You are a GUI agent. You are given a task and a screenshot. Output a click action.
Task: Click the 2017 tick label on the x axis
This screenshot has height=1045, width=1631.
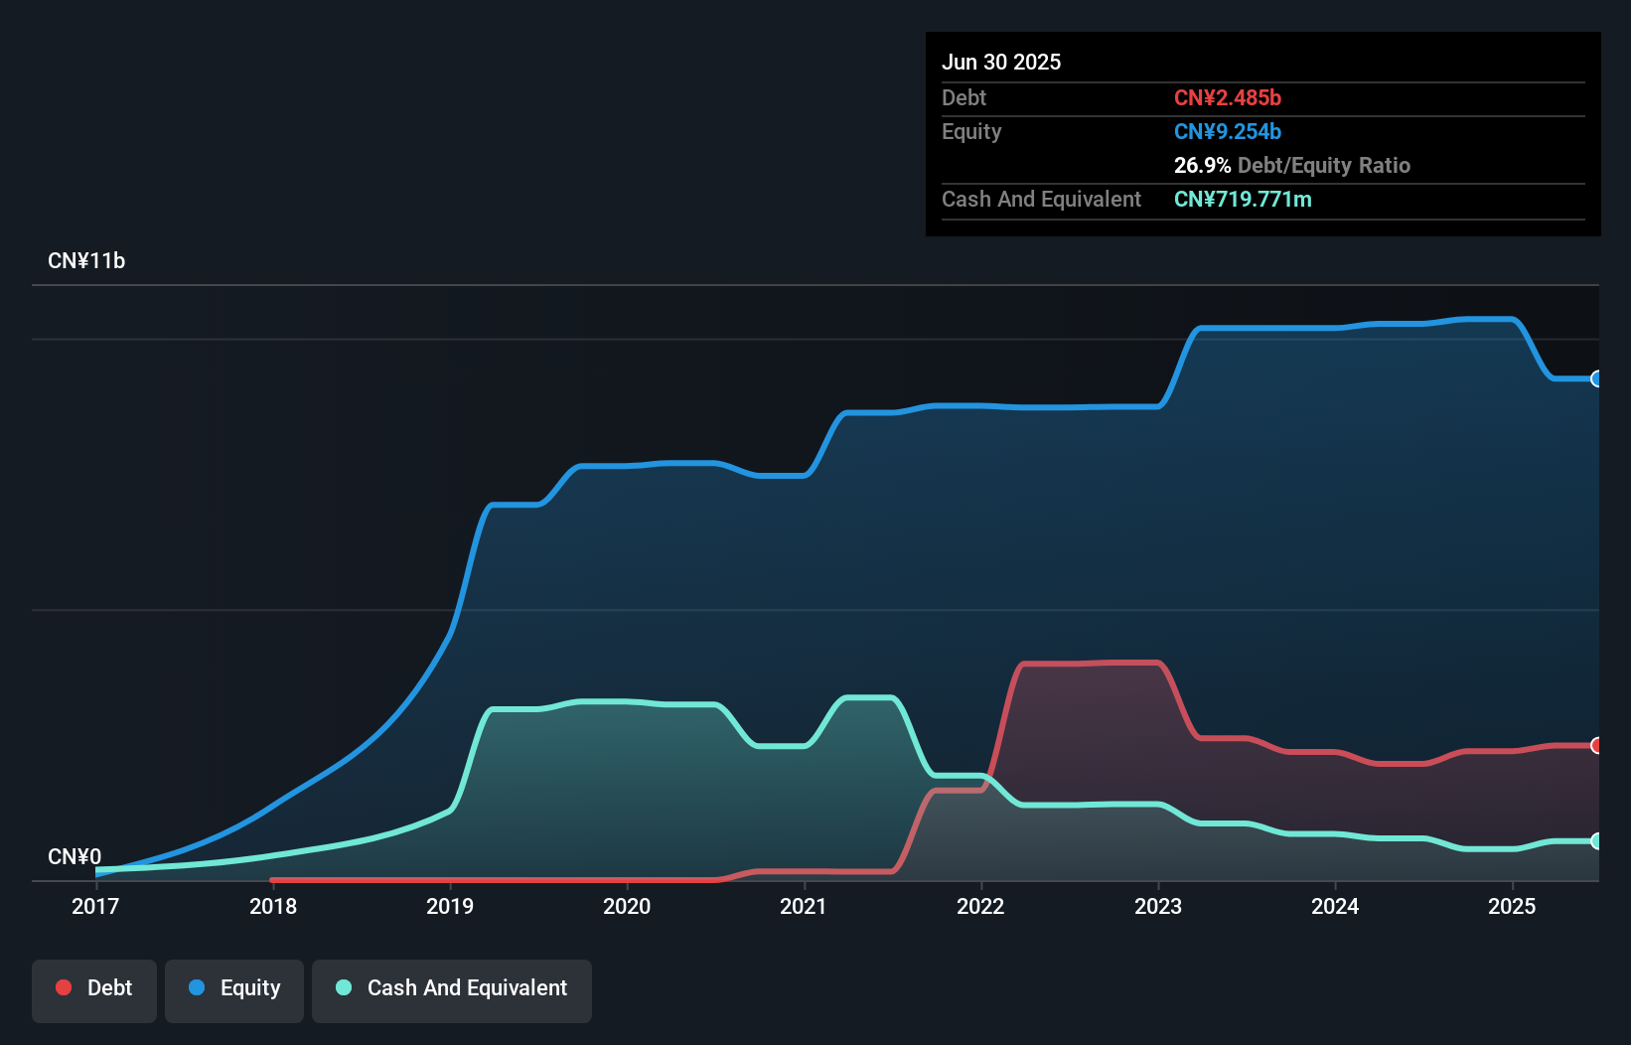pos(95,906)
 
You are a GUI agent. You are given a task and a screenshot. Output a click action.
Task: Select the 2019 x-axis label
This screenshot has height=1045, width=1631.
pos(450,906)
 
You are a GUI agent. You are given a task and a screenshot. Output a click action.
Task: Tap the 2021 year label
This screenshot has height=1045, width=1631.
pos(804,906)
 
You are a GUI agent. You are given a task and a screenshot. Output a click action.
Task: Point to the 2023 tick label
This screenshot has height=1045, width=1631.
pos(1158,906)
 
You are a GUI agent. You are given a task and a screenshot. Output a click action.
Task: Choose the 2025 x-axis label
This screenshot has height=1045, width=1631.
pos(1512,906)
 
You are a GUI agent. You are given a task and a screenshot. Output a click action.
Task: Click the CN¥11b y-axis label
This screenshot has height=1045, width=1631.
pos(86,261)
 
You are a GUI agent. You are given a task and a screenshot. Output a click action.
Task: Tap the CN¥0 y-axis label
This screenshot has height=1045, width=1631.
pos(74,856)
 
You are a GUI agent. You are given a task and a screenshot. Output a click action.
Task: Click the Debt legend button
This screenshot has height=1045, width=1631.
pos(94,988)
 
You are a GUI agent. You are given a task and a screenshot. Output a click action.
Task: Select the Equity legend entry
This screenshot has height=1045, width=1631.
pos(234,988)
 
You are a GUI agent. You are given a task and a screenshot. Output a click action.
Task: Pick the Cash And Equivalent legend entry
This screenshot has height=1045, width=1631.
pos(452,988)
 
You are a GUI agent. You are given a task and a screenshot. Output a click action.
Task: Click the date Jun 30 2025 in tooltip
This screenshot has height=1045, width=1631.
pos(1001,62)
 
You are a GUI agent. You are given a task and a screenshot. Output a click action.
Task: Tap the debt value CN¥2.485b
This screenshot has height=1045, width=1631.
pos(1228,97)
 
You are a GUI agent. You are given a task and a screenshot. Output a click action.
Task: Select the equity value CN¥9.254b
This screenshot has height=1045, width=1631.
pos(1228,131)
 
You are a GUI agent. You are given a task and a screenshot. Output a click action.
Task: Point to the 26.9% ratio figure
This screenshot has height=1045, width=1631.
pos(1202,165)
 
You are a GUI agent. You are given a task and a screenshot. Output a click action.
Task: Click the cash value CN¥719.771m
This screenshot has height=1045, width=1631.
pos(1243,199)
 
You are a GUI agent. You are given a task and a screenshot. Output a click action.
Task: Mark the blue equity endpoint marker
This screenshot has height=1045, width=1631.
pos(1596,378)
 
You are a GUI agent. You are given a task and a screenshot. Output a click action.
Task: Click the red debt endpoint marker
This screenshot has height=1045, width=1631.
pos(1596,745)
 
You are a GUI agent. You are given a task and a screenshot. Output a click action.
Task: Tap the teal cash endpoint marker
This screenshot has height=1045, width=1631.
pos(1596,841)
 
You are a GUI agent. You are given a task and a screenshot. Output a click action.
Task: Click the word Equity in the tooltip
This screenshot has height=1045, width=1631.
pos(971,131)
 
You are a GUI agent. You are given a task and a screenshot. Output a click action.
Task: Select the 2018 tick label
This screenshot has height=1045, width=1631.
pos(273,906)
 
